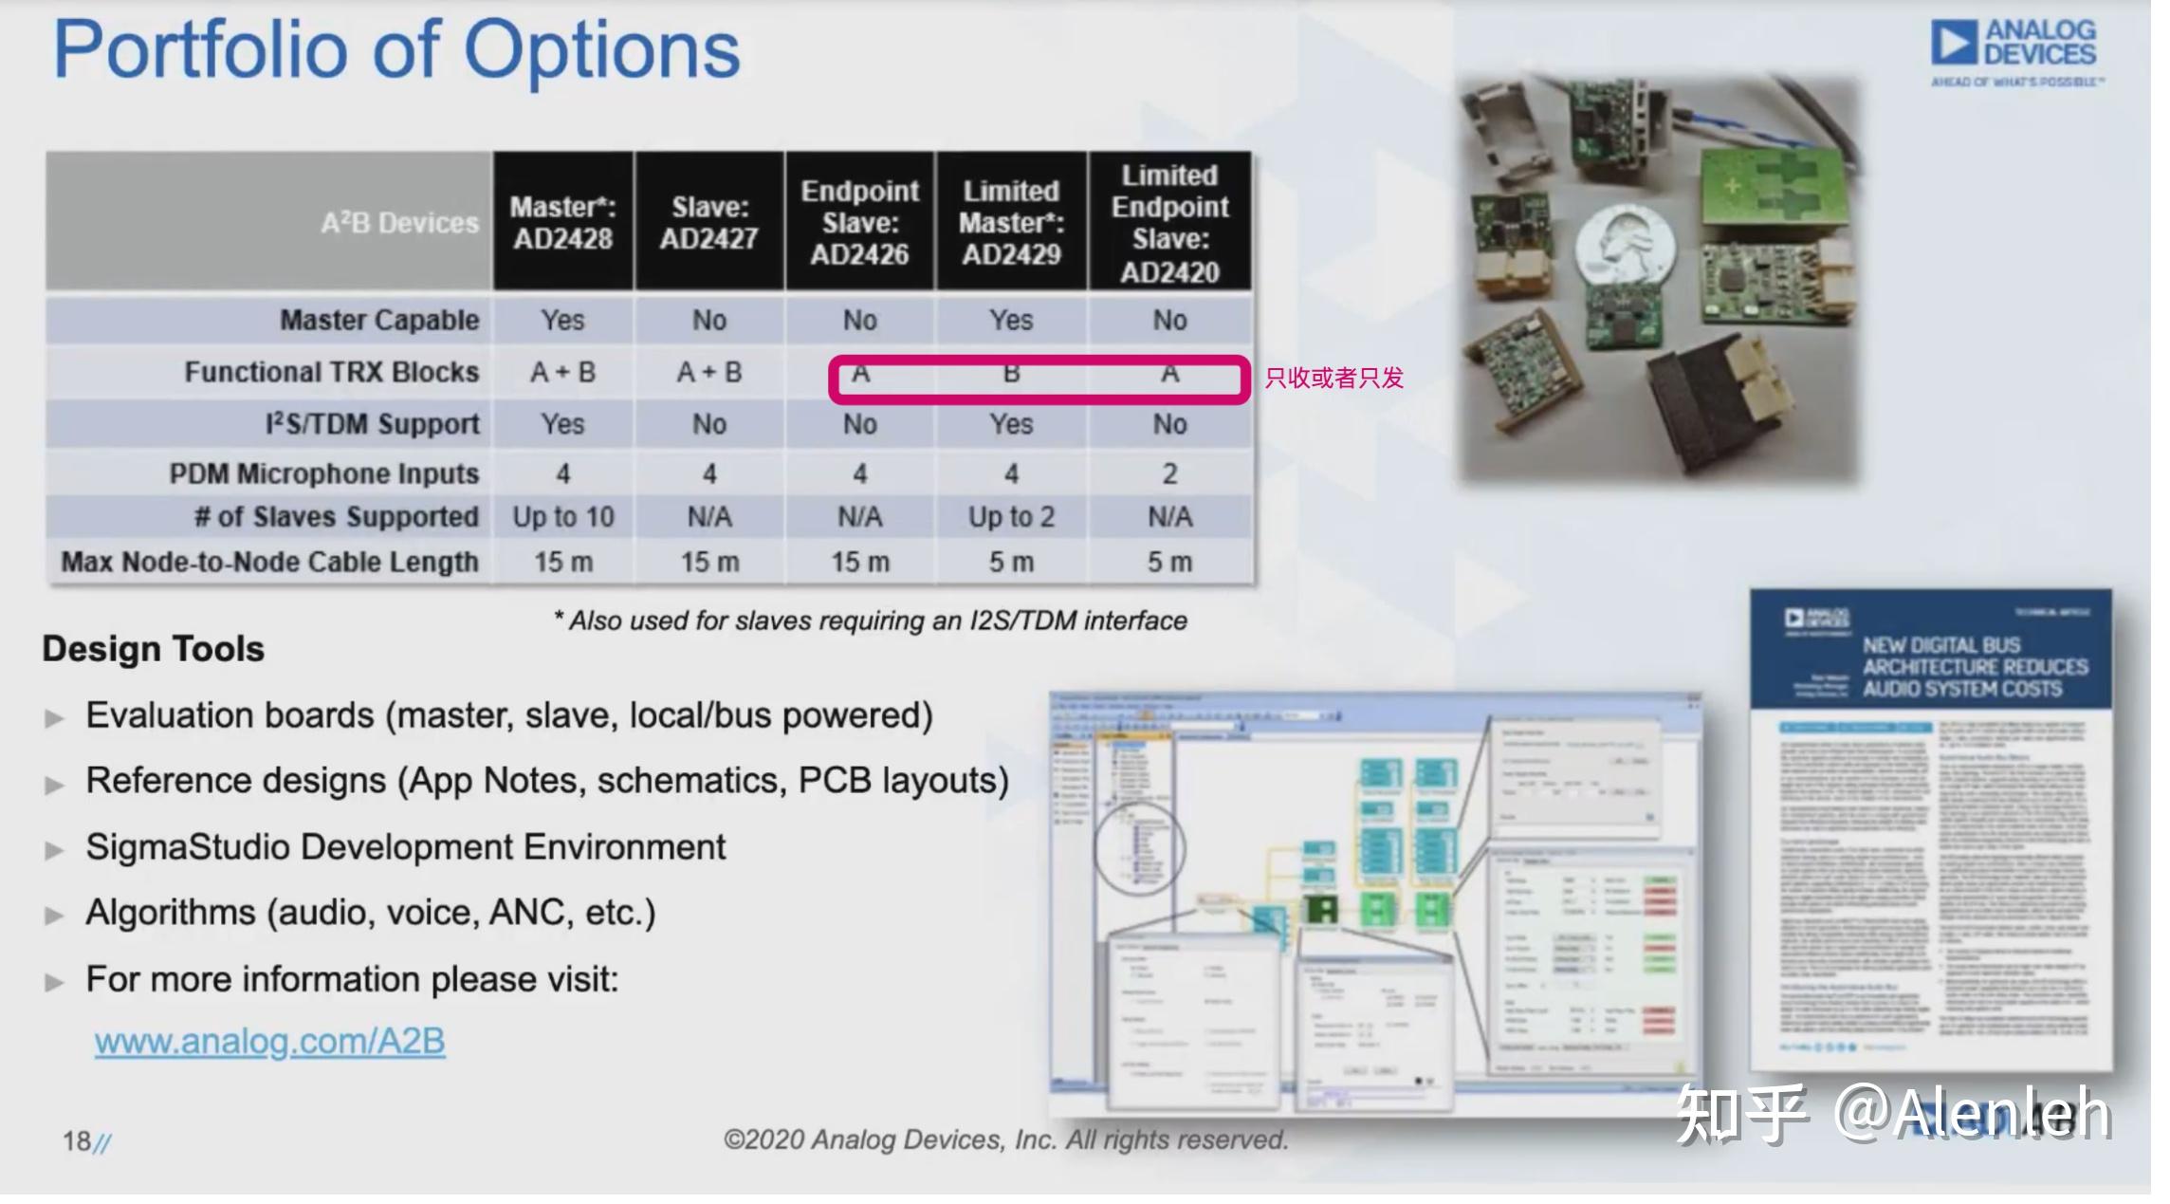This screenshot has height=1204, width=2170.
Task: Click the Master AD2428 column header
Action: click(562, 222)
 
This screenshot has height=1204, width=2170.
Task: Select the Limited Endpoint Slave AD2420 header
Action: click(1169, 223)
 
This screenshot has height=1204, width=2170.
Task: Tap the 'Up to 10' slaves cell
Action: click(563, 517)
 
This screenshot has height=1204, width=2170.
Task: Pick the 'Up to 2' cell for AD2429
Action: click(1011, 517)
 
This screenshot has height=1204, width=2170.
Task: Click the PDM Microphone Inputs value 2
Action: click(1169, 473)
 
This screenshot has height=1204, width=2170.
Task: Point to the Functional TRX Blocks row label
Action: click(331, 372)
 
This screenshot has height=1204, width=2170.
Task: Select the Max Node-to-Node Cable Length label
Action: click(269, 562)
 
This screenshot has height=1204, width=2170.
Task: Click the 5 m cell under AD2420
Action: click(1169, 562)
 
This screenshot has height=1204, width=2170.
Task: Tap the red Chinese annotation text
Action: click(1333, 378)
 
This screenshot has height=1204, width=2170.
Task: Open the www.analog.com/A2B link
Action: click(269, 1041)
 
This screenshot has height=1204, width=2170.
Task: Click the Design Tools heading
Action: click(153, 649)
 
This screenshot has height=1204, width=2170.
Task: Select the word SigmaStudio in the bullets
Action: click(187, 846)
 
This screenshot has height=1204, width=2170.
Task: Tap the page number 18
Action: click(77, 1140)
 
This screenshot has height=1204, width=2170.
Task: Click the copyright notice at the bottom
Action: click(1005, 1139)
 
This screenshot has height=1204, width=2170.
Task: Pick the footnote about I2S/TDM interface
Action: click(870, 621)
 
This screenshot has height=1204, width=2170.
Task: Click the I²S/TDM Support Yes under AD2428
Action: click(562, 424)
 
